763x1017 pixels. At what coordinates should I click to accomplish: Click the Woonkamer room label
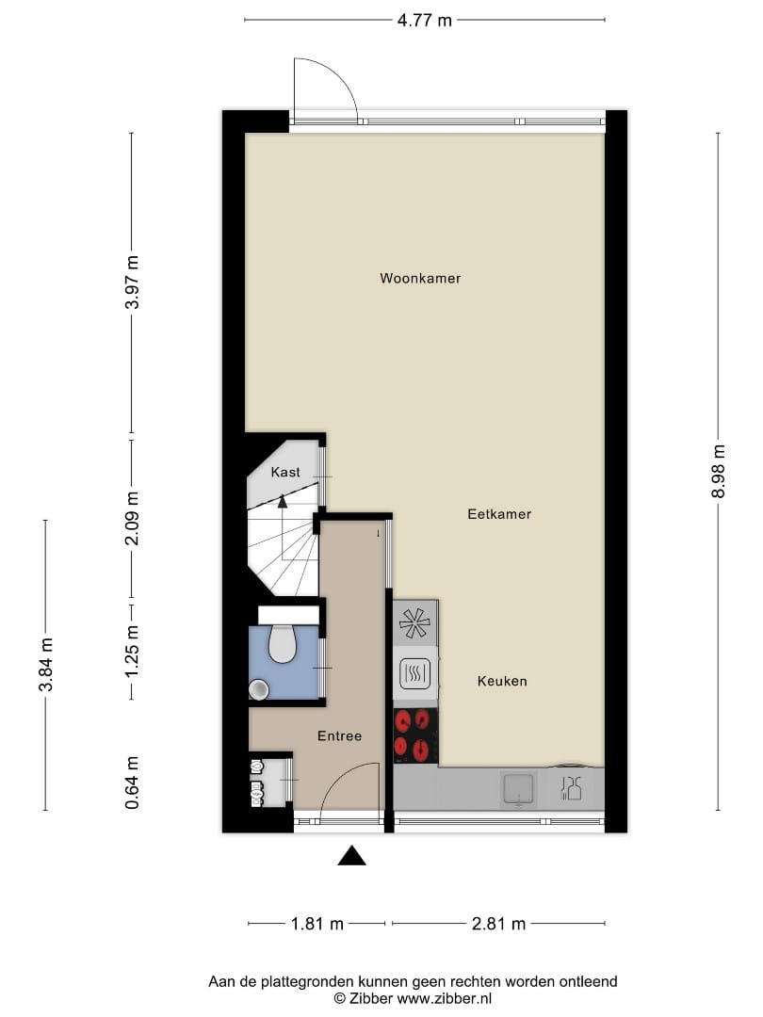(420, 279)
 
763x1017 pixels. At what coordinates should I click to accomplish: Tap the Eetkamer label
(499, 514)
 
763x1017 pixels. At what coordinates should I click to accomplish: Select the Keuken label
(501, 681)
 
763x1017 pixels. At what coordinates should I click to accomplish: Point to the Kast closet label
(284, 472)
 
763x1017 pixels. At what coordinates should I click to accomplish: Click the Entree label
(339, 736)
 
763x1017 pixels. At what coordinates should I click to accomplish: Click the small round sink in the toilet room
(258, 690)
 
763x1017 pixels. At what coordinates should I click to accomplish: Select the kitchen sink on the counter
(518, 787)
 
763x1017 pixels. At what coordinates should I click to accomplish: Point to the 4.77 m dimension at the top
(425, 20)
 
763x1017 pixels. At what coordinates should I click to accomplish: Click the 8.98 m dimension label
(719, 471)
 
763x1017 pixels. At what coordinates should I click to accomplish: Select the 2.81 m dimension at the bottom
(498, 924)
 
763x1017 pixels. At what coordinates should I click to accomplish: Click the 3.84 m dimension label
(45, 665)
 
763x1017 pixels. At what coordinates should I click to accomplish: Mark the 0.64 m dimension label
(132, 783)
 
